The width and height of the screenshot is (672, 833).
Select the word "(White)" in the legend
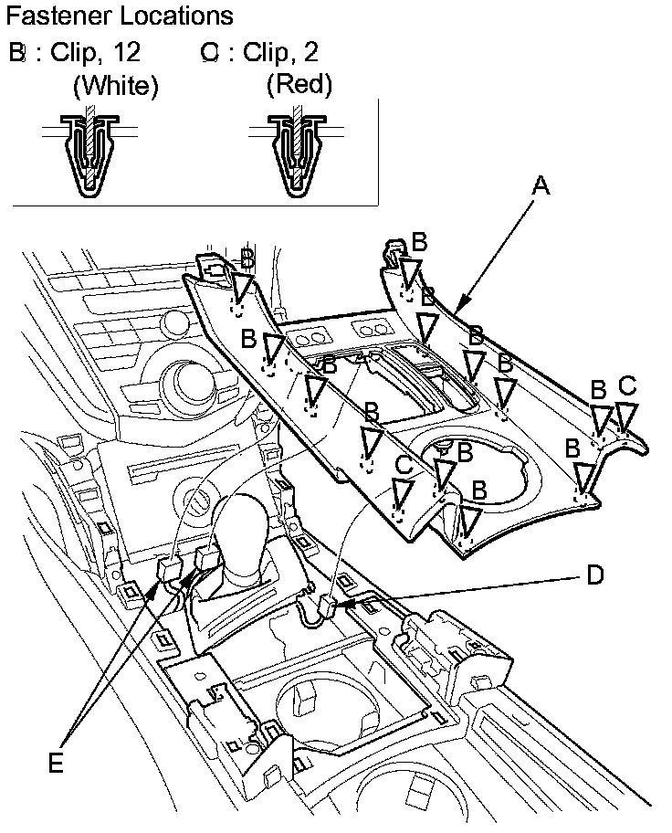[x=116, y=85]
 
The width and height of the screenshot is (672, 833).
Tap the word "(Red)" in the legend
[x=299, y=84]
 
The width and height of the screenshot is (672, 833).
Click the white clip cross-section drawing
[x=90, y=152]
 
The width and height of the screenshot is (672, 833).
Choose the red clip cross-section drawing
[x=296, y=152]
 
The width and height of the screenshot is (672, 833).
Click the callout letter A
[x=541, y=186]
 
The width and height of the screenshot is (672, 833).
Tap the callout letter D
[x=595, y=575]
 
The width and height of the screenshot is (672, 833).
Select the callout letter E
[x=56, y=764]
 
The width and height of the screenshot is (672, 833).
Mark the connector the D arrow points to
[x=329, y=606]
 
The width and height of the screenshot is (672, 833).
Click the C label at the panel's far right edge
[x=627, y=385]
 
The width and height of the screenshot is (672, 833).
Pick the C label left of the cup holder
[x=404, y=466]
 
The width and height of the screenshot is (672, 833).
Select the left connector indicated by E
[x=169, y=571]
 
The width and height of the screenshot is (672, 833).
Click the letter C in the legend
[x=210, y=53]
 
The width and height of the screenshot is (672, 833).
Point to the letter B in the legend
[x=17, y=53]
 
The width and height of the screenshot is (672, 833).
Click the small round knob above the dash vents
[x=174, y=324]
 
